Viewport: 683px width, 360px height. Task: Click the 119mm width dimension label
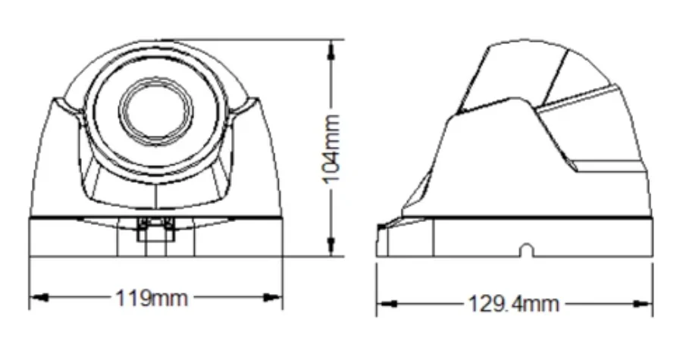pyautogui.click(x=152, y=299)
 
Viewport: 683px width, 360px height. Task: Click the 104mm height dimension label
pyautogui.click(x=331, y=149)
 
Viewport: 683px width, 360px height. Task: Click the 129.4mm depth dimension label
pyautogui.click(x=513, y=303)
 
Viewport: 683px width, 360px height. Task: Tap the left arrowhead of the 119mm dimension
pyautogui.click(x=40, y=298)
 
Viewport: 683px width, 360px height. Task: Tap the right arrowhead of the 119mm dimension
pyautogui.click(x=273, y=298)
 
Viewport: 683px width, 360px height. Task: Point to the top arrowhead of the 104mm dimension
pyautogui.click(x=331, y=49)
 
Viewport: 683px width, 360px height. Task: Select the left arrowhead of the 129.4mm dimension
pyautogui.click(x=387, y=304)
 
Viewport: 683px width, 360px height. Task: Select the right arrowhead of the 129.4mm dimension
pyautogui.click(x=641, y=304)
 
